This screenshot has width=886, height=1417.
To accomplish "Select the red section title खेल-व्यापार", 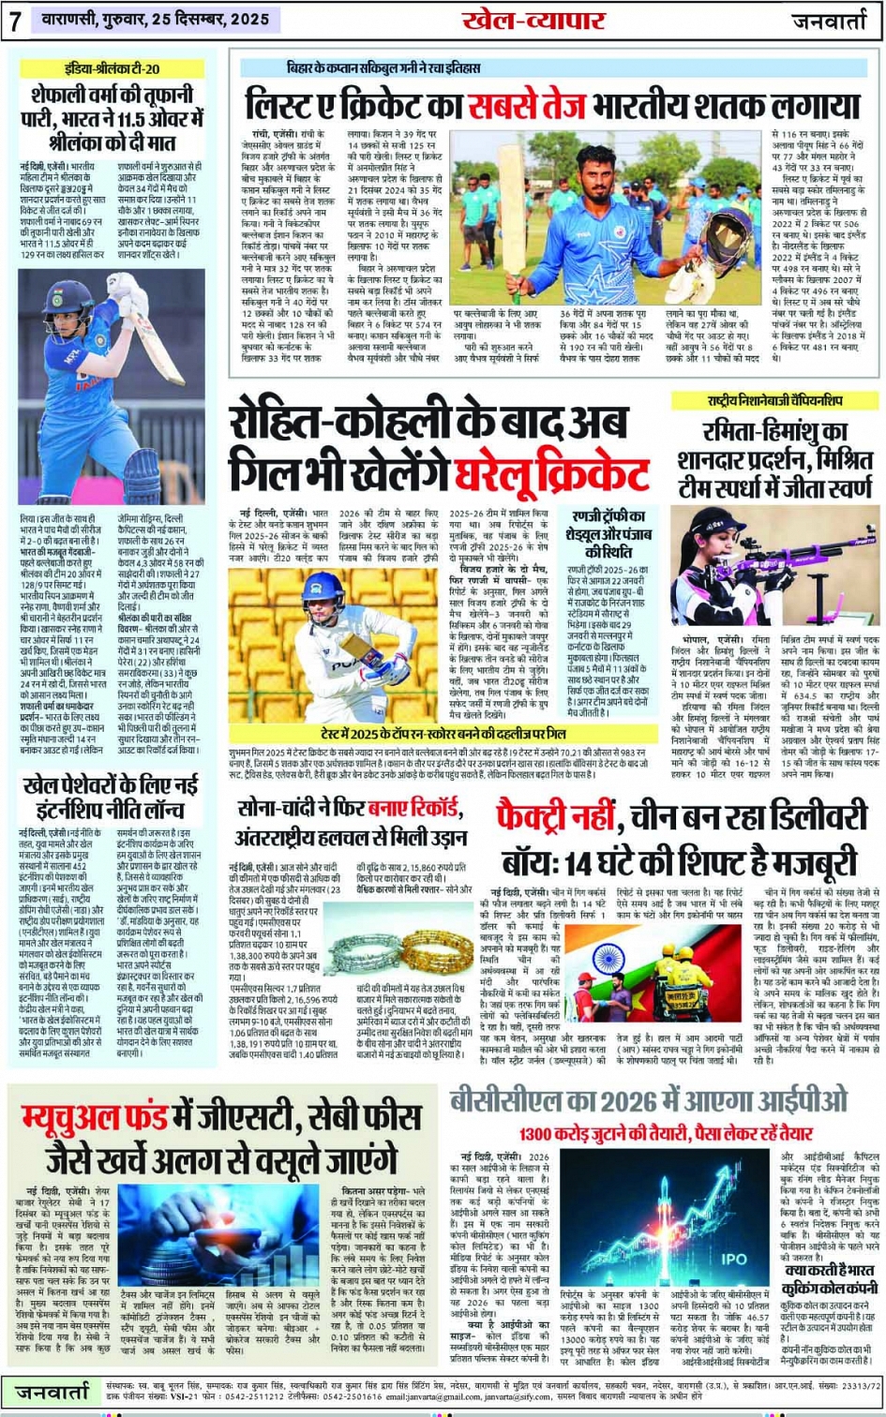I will (533, 21).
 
